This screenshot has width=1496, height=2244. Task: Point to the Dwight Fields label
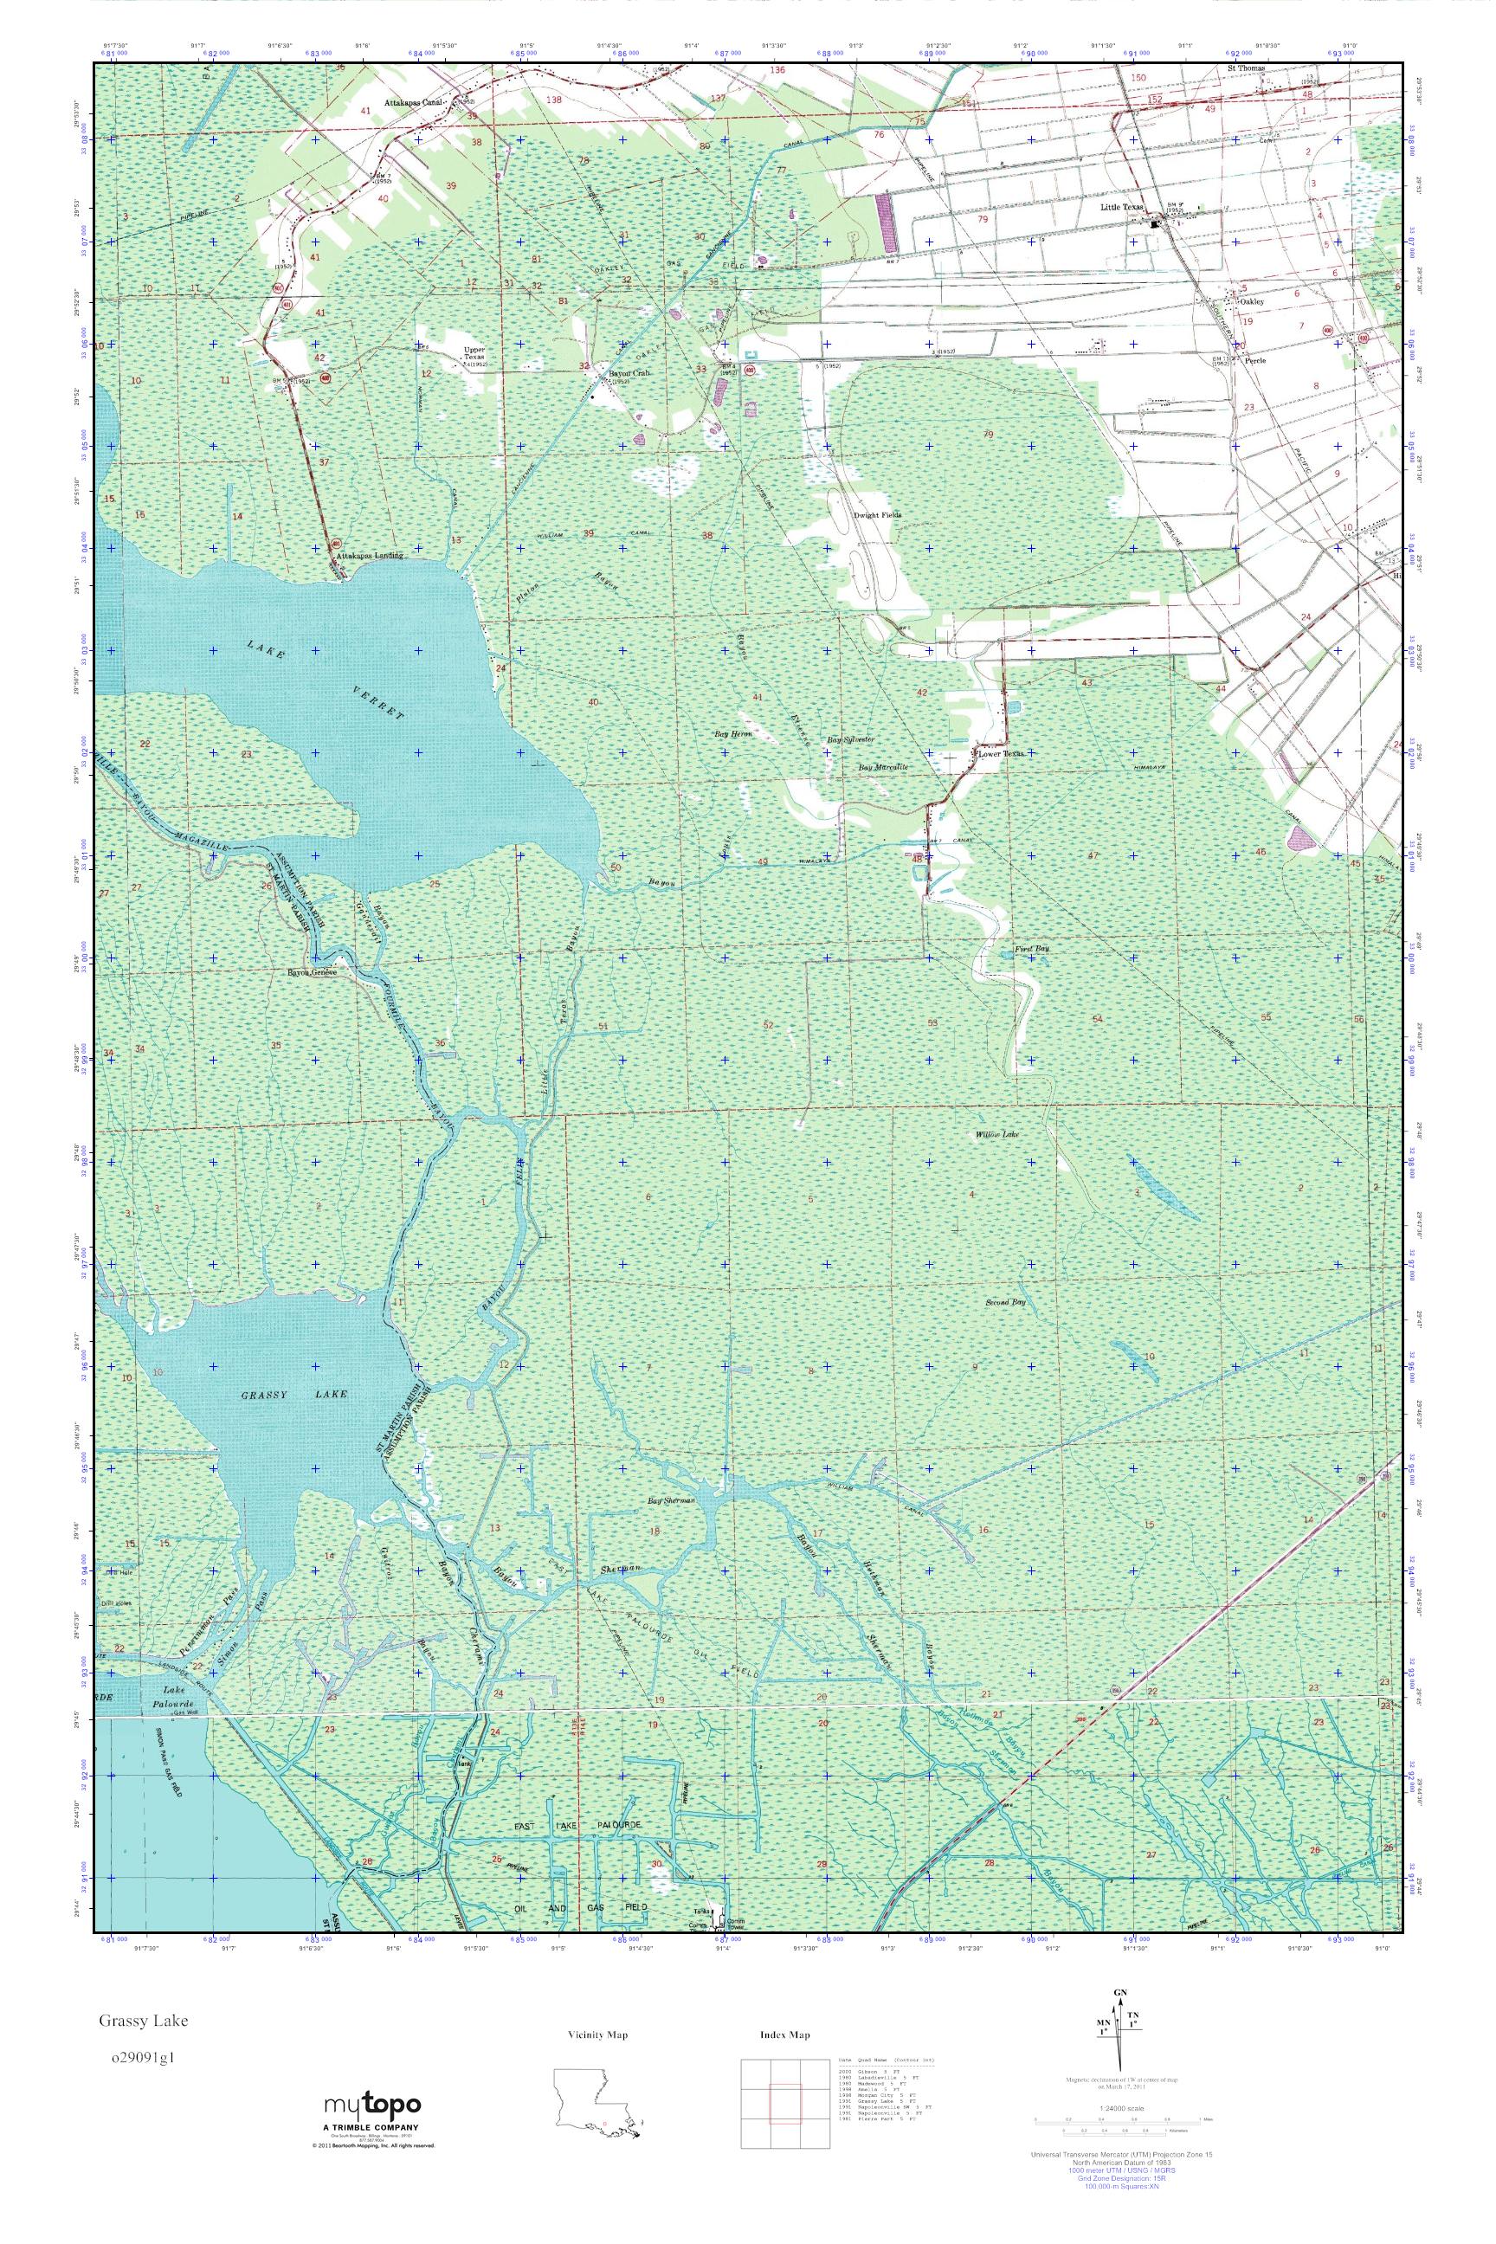coord(876,514)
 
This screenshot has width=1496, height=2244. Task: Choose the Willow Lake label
coord(998,1134)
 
